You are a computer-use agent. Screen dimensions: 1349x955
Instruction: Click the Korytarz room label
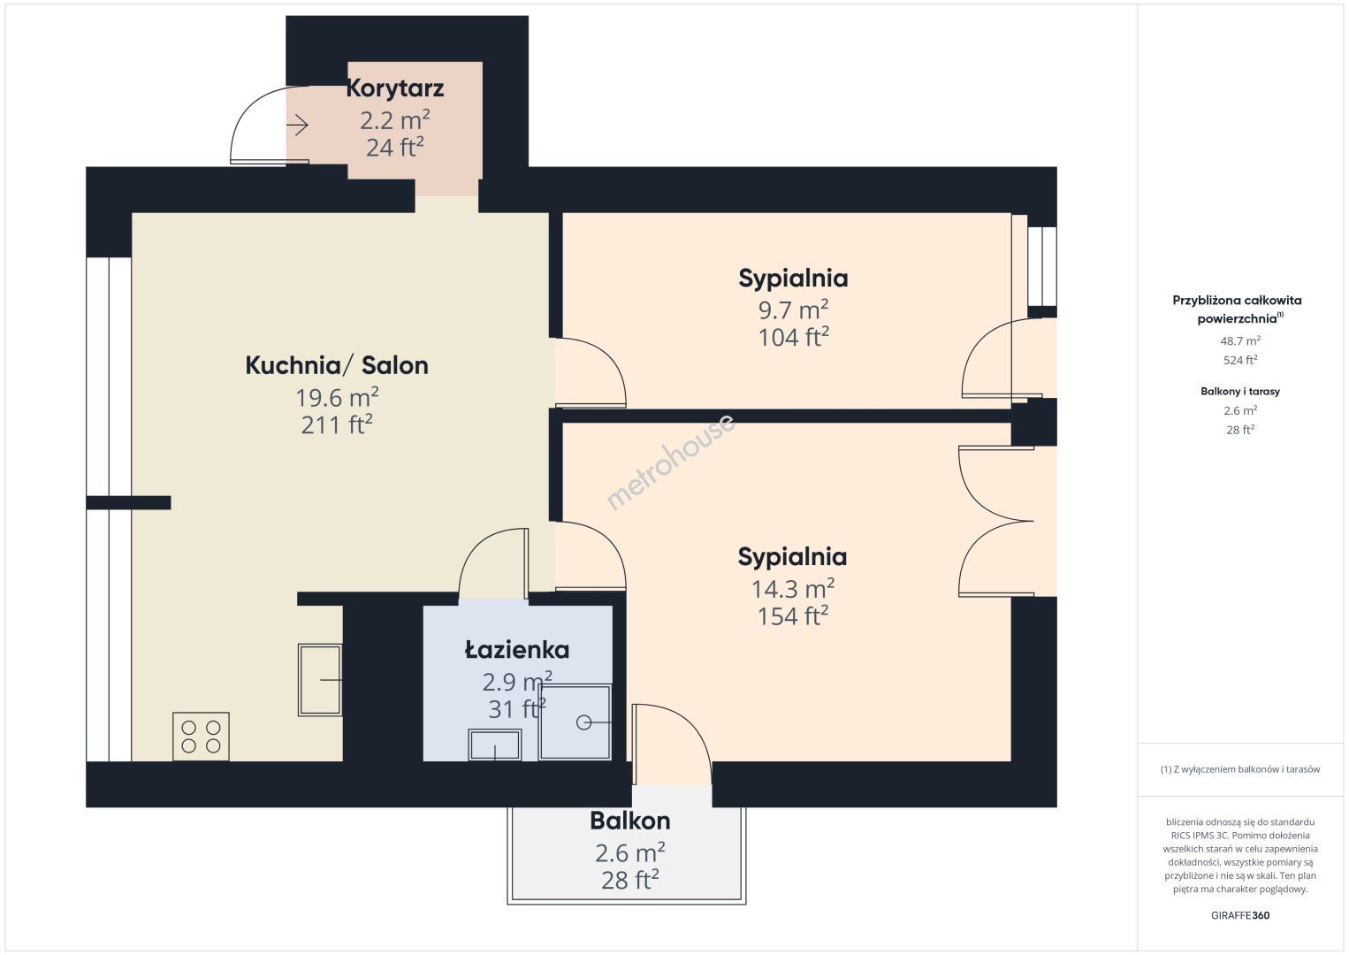(x=395, y=88)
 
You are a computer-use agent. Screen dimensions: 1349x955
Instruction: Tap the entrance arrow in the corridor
(x=298, y=126)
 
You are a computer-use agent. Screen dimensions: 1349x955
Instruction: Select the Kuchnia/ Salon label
(x=337, y=365)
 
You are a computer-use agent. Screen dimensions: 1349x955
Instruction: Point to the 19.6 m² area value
(x=337, y=398)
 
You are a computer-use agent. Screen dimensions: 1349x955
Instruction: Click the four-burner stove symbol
(x=201, y=737)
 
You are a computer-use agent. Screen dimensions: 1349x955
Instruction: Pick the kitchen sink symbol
(x=320, y=680)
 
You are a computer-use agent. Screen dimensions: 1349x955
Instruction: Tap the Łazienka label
(x=517, y=650)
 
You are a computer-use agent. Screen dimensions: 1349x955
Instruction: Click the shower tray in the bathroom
(x=575, y=722)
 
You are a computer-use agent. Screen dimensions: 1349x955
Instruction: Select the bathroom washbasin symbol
(x=494, y=745)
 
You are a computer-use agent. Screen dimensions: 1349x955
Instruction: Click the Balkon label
(x=630, y=821)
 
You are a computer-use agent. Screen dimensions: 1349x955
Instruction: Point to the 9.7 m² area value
(x=793, y=310)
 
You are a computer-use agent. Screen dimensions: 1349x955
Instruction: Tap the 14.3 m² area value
(x=793, y=589)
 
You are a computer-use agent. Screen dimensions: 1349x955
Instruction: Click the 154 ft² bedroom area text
(x=793, y=616)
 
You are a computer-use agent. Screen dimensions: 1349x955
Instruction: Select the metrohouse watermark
(x=671, y=462)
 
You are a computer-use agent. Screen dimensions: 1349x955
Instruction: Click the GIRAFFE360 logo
(x=1240, y=915)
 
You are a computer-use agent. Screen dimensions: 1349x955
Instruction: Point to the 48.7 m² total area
(x=1240, y=340)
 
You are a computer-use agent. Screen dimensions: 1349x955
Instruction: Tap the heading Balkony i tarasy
(x=1240, y=391)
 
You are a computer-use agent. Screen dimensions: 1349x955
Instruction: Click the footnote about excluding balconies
(x=1240, y=769)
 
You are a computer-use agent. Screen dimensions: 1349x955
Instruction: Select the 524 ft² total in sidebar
(x=1240, y=360)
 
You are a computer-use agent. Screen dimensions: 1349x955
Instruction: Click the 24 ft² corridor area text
(x=395, y=147)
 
